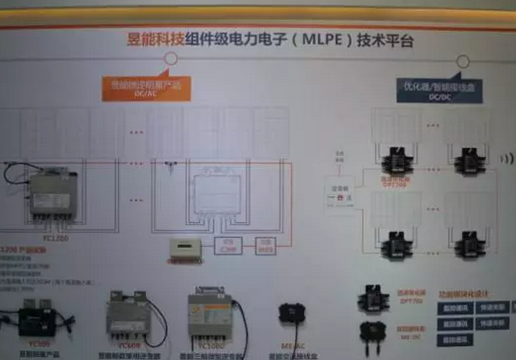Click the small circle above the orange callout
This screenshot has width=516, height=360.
coord(170,60)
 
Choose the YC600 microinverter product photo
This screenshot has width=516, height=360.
coord(130,316)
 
